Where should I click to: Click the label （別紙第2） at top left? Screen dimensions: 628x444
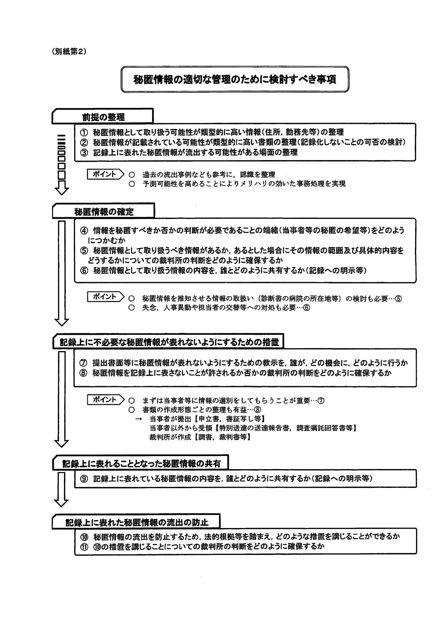pos(69,52)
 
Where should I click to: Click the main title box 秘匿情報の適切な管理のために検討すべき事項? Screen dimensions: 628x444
pos(235,79)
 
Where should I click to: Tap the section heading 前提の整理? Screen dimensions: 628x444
pos(103,117)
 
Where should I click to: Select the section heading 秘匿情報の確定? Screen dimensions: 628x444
pos(104,212)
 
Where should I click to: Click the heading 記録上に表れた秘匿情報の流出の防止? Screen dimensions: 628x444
pos(137,522)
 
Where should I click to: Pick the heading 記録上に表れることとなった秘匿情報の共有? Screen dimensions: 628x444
pos(141,463)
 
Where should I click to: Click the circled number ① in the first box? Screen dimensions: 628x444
pos(84,132)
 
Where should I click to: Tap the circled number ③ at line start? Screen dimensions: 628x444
pos(84,152)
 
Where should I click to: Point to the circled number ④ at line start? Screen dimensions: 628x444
pos(84,231)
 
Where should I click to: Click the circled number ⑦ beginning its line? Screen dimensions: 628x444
pos(83,363)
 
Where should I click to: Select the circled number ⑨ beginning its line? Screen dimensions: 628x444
pos(84,479)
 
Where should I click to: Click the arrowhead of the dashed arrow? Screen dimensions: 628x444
pos(62,190)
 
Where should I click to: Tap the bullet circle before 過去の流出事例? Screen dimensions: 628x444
pos(132,175)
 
